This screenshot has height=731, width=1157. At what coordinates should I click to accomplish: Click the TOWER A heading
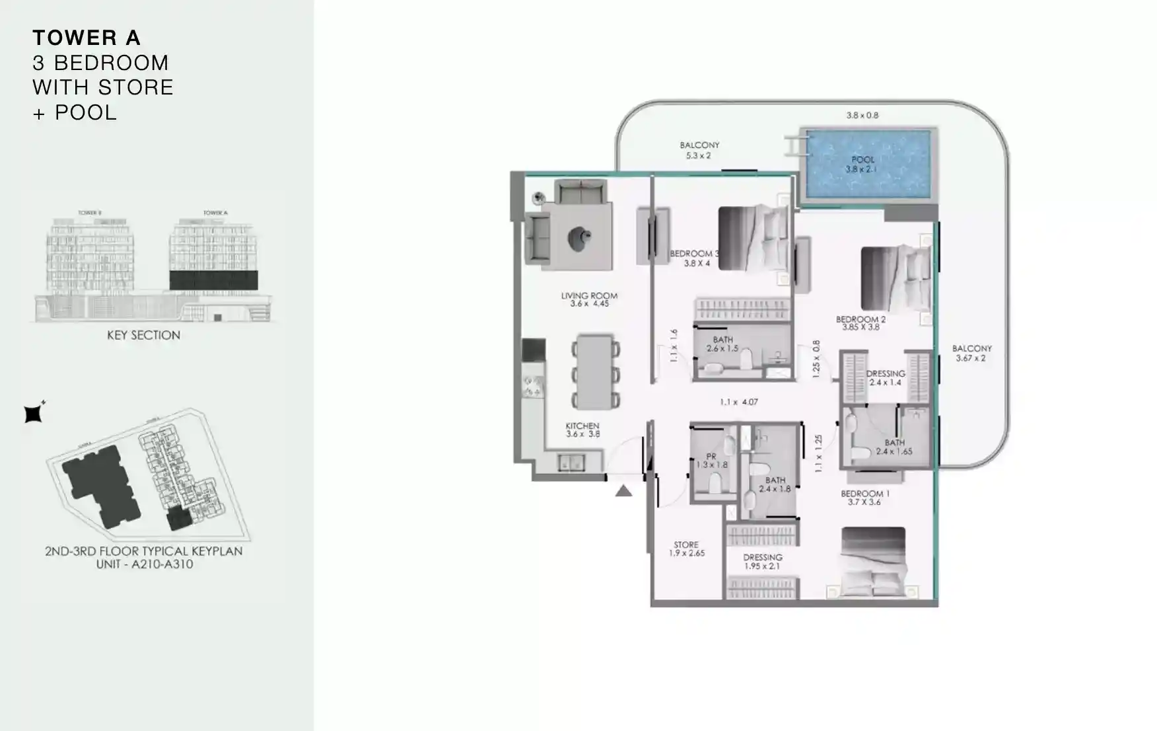[87, 38]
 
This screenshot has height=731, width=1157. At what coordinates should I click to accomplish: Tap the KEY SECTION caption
[143, 335]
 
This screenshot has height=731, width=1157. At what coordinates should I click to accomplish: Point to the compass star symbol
[34, 413]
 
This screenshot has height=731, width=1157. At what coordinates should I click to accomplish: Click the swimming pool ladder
[792, 145]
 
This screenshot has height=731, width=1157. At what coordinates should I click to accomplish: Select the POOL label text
[862, 159]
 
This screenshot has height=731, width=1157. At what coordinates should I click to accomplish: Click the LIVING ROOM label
[589, 296]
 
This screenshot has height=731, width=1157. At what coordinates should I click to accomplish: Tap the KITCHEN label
[582, 426]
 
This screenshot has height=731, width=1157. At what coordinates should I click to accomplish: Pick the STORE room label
[686, 545]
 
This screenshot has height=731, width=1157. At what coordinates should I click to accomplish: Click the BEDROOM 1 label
[864, 494]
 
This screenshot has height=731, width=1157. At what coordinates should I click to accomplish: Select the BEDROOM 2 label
[860, 319]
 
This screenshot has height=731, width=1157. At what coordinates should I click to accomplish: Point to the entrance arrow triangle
[623, 491]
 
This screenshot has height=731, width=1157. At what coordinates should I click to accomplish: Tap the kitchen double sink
[571, 462]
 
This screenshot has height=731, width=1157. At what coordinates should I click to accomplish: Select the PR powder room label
[711, 456]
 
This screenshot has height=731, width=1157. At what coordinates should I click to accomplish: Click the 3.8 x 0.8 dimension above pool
[862, 115]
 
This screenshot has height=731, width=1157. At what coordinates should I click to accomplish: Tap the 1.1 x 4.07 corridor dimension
[738, 402]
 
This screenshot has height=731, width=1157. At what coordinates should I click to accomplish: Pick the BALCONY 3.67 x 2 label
[971, 353]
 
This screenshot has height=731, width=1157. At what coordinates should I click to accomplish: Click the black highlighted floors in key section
[213, 280]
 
